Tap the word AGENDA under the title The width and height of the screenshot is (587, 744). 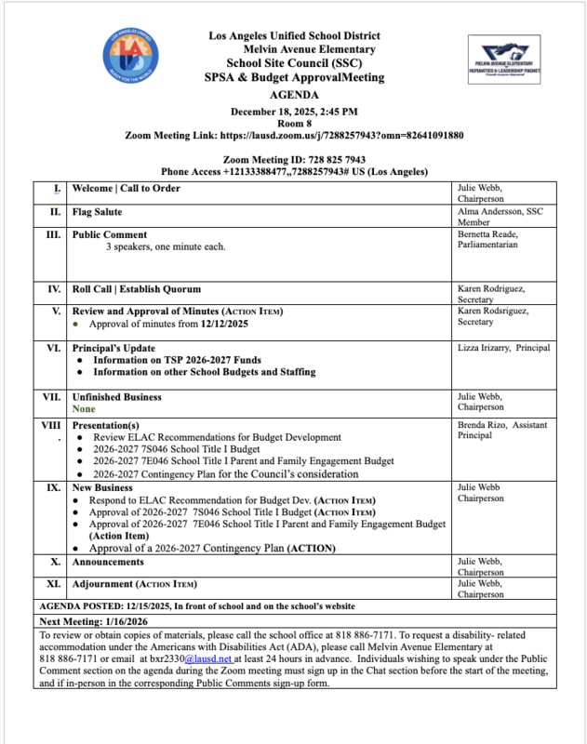point(293,95)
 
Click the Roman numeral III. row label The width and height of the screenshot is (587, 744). point(54,234)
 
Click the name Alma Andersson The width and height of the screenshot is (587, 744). point(491,211)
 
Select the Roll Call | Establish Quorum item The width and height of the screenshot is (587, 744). point(139,288)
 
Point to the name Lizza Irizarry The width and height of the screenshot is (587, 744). point(485,348)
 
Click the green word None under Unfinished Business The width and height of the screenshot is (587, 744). point(84,408)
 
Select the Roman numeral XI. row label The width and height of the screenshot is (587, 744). point(54,583)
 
